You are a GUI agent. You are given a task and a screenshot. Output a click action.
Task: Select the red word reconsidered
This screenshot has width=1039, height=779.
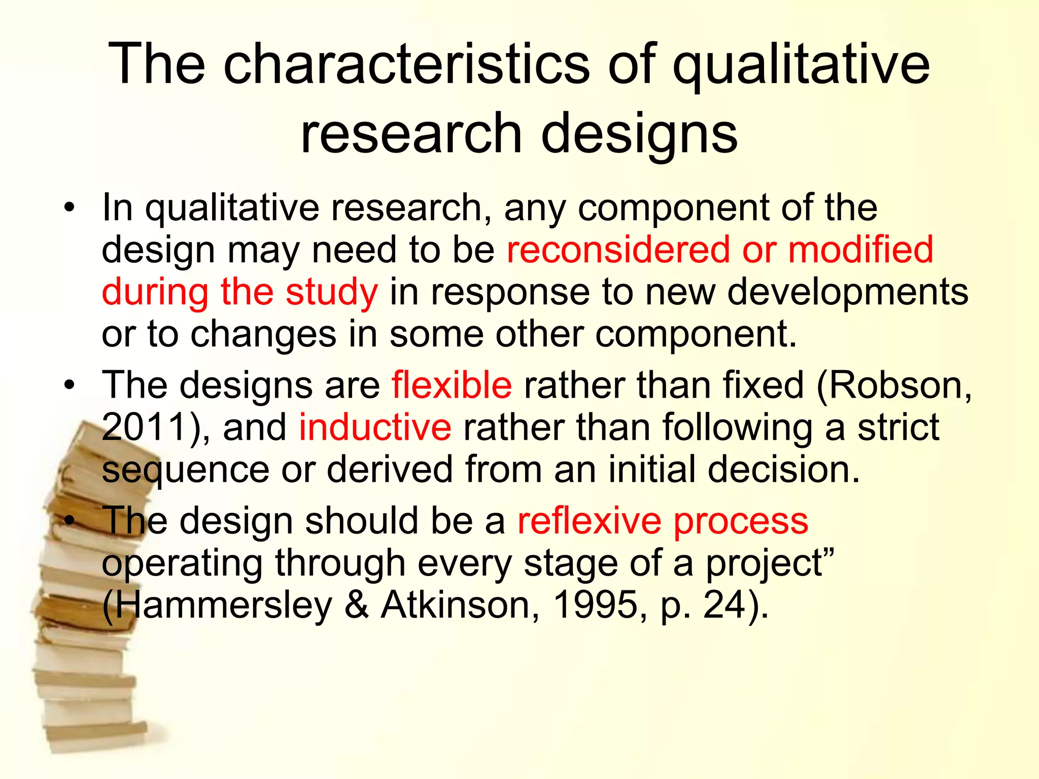pos(619,250)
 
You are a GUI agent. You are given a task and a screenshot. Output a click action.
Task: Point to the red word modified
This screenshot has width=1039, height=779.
pos(860,250)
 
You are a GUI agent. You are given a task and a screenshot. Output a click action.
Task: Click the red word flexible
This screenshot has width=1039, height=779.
pos(452,385)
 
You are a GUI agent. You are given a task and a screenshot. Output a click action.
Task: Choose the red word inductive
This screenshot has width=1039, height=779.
pos(375,427)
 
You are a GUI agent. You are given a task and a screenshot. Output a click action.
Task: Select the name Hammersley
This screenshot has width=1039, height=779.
pos(223,606)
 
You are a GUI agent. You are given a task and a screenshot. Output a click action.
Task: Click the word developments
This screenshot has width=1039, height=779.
pos(848,293)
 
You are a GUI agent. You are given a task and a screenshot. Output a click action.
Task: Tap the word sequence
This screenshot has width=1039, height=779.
pos(185,471)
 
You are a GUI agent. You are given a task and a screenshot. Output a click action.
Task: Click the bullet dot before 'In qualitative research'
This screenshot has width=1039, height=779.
pos(70,208)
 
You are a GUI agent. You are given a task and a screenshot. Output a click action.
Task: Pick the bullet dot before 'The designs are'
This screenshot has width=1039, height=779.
pos(70,385)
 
